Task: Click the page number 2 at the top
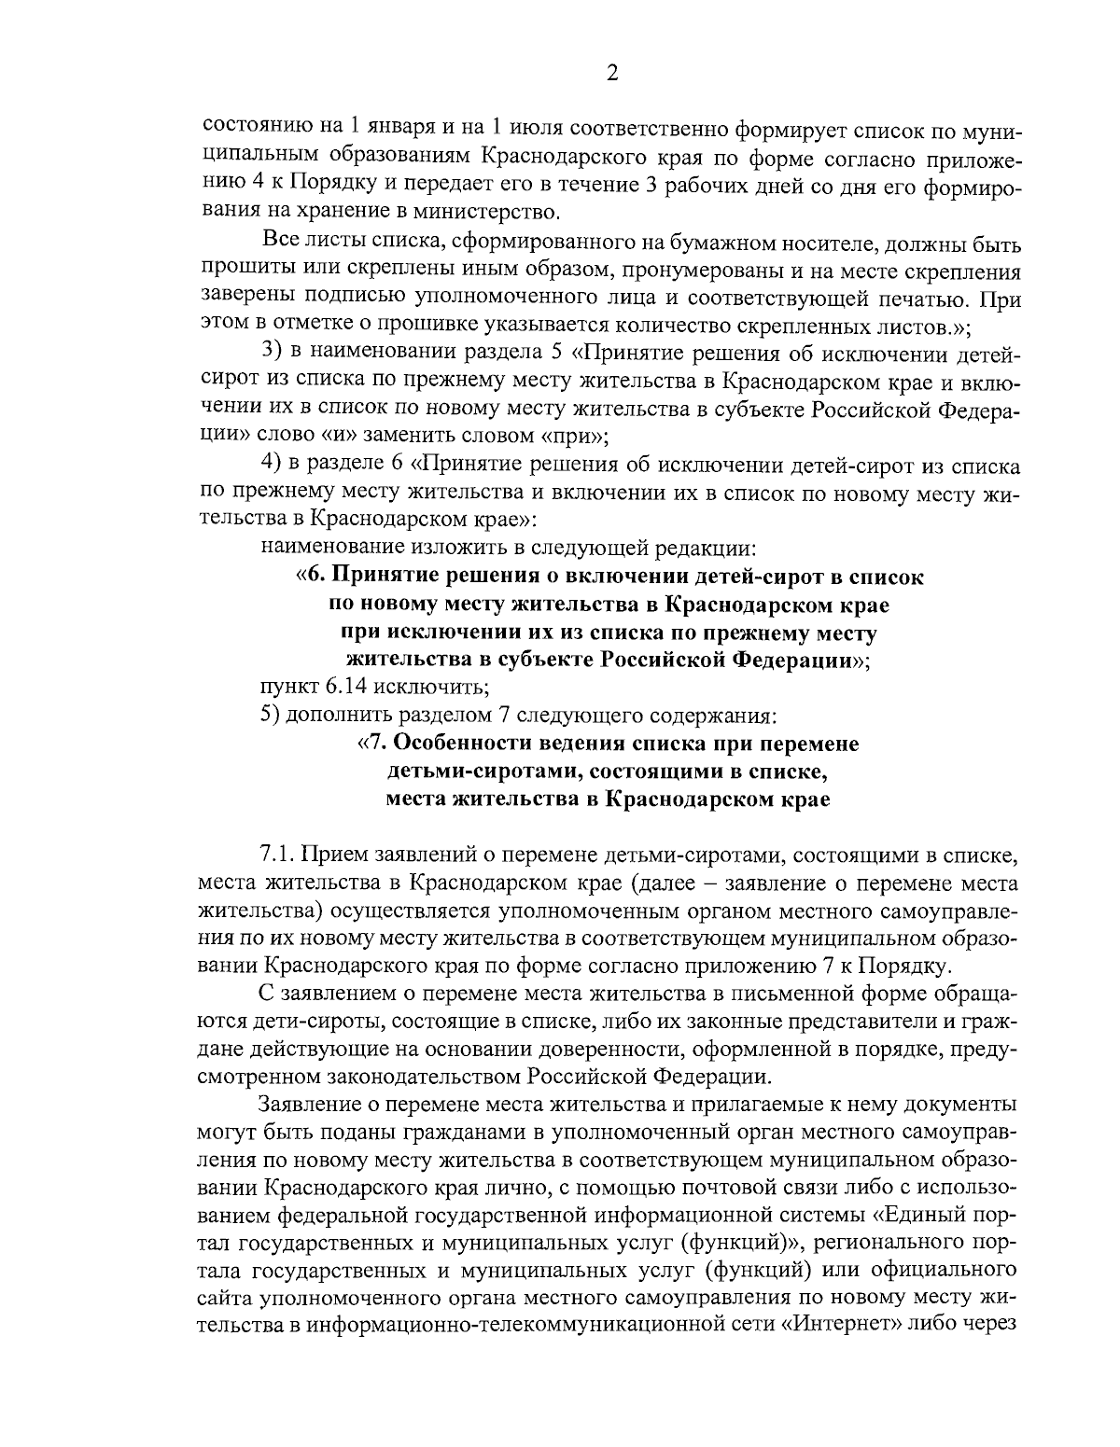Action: [x=612, y=74]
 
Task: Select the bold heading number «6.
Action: [x=311, y=577]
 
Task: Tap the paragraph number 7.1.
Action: [x=277, y=855]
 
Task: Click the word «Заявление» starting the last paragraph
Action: [x=312, y=1105]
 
